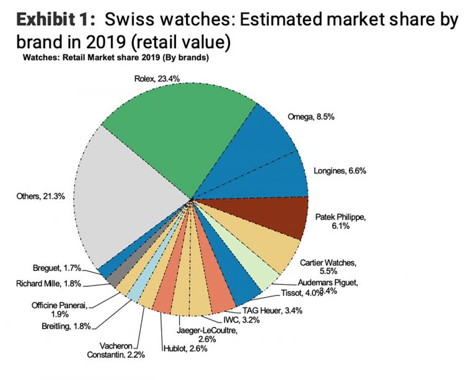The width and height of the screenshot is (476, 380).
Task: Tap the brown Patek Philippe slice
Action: (279, 217)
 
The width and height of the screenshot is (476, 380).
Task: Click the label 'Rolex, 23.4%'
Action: (158, 79)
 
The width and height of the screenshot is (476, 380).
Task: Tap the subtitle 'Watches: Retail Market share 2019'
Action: (115, 58)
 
